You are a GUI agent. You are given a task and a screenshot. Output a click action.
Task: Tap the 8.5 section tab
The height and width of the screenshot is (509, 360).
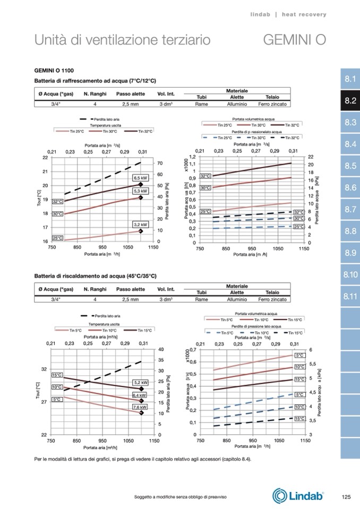coord(349,166)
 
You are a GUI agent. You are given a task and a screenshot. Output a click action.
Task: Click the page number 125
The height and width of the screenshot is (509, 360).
coord(346,497)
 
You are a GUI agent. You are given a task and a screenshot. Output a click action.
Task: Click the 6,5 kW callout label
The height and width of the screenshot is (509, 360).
coord(140,178)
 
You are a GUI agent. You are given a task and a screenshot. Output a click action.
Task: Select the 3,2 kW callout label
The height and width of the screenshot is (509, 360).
coord(140,225)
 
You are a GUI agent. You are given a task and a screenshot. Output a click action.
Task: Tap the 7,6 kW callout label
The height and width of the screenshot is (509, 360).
coord(139,407)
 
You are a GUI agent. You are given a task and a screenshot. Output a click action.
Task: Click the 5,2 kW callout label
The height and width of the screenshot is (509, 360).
coord(140,382)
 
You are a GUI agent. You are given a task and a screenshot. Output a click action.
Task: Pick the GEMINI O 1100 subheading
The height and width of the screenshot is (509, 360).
coord(54,71)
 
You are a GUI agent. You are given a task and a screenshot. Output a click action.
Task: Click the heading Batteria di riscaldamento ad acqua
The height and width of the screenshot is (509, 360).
coord(95,276)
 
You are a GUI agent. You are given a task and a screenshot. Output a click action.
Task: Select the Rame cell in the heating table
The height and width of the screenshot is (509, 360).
coord(201,299)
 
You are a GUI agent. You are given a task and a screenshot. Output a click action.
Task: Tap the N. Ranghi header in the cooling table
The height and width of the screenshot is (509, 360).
coord(95,94)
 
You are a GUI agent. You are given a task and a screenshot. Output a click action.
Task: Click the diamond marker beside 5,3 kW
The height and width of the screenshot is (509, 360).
coord(141,197)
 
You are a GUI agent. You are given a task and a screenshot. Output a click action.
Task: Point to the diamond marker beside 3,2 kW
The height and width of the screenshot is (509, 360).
coord(141,231)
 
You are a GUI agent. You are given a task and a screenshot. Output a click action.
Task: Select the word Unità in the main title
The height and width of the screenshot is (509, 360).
coord(50,40)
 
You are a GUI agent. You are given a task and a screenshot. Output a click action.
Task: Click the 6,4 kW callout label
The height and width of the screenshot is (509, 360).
coord(139,395)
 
